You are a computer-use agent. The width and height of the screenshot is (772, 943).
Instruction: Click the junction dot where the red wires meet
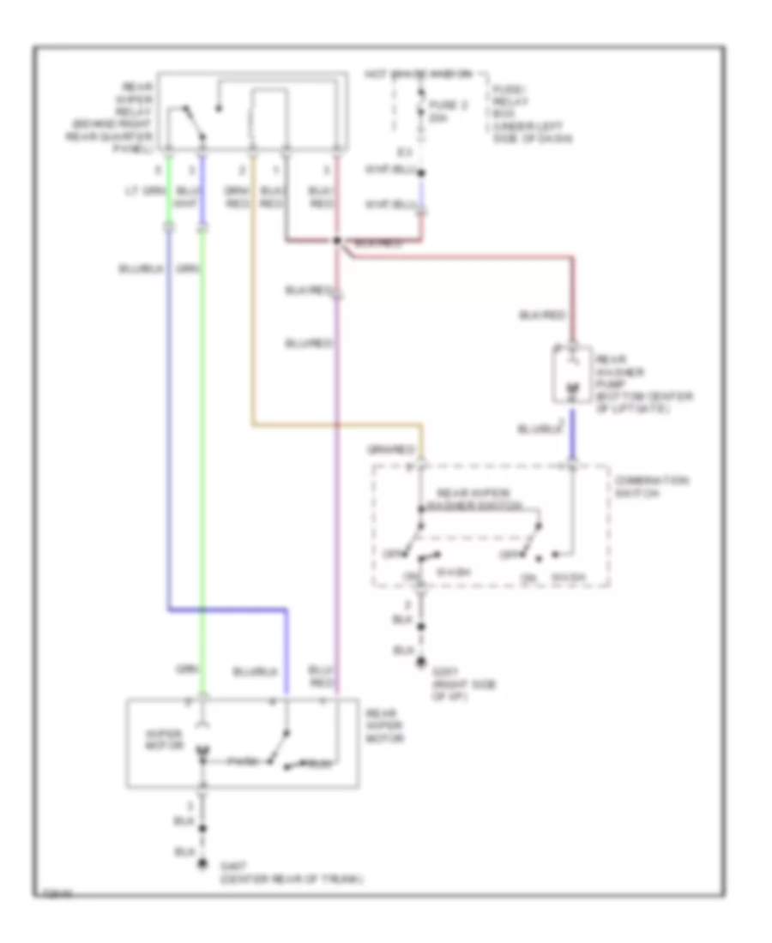pyautogui.click(x=338, y=241)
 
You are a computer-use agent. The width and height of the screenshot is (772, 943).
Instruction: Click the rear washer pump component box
pyautogui.click(x=570, y=375)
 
